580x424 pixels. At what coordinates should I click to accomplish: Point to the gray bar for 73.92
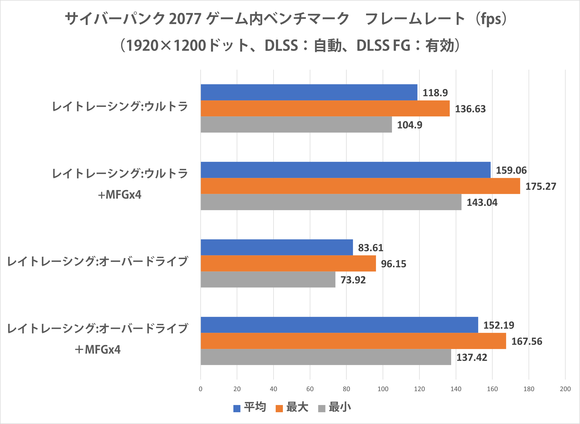click(268, 280)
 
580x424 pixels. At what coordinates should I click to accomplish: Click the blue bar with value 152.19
click(339, 325)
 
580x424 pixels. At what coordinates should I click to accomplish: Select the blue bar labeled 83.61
click(277, 247)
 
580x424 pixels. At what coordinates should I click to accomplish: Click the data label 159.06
click(511, 170)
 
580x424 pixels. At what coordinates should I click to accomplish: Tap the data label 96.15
click(394, 264)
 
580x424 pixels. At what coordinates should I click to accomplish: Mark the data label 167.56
click(527, 341)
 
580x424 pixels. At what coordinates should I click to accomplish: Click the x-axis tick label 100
click(383, 389)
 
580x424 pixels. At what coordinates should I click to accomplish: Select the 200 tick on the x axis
click(565, 389)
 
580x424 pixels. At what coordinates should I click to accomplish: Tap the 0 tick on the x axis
click(201, 389)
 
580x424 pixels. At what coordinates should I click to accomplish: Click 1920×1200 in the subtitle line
click(166, 46)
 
